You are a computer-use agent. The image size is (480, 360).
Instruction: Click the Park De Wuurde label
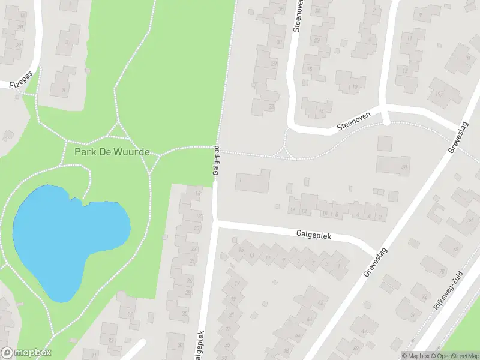coord(112,152)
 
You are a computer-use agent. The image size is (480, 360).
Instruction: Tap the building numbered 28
coord(404,167)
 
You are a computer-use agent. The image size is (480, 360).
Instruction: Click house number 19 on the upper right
coord(439,94)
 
